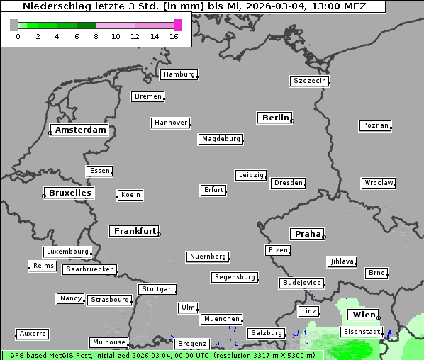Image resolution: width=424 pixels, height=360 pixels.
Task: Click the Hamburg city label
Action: pos(179,74)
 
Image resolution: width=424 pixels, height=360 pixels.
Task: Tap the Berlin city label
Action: pos(275,118)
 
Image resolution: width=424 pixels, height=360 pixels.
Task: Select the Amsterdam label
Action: pos(80,130)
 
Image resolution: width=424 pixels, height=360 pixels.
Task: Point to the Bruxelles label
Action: pos(69,193)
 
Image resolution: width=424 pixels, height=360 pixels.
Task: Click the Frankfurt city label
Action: pos(135,231)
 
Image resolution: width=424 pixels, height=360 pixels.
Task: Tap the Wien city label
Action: pos(364,315)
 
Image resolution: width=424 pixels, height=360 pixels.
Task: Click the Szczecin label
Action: pos(309,81)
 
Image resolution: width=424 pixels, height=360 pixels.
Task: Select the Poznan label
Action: pos(375,125)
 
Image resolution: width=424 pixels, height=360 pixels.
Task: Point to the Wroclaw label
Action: pos(378,183)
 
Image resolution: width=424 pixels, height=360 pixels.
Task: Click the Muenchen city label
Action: pos(221,320)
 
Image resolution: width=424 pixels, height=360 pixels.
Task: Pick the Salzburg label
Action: pos(266,333)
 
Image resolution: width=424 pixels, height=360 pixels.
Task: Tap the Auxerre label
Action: pos(33,333)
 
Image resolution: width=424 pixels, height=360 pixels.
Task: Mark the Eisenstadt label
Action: pos(362,332)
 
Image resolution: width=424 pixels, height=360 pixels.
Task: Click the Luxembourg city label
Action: pos(67,252)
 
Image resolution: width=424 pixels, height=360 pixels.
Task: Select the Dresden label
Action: pos(288,183)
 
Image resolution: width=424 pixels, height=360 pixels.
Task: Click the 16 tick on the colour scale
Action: pos(174,36)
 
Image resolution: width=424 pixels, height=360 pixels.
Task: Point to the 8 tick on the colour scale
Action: pos(96,36)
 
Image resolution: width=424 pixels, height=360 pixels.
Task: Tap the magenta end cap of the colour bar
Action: pos(177,25)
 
